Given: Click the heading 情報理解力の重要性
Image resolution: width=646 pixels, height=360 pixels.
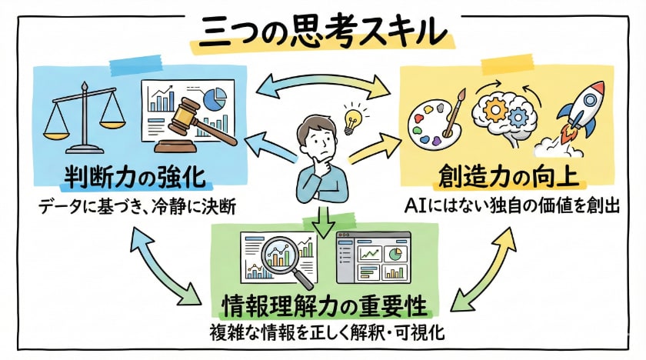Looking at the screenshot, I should tap(322, 305).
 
